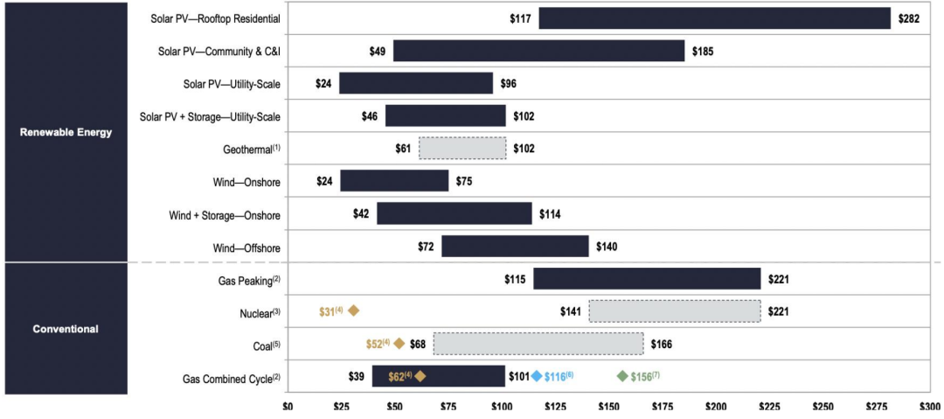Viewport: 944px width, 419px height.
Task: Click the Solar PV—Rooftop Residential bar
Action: coord(714,18)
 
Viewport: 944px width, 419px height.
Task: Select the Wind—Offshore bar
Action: coord(515,247)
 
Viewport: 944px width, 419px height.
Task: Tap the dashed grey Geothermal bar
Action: coord(462,149)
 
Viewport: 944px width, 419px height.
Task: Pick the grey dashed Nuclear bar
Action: coord(674,311)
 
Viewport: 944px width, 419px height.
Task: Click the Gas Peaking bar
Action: coord(647,279)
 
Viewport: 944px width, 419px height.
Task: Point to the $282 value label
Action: coord(909,18)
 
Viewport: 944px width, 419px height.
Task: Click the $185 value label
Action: coord(703,52)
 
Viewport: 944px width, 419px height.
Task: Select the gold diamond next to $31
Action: coord(354,311)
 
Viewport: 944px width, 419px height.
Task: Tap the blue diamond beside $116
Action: coord(537,376)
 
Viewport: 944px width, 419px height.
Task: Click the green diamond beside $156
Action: coord(622,376)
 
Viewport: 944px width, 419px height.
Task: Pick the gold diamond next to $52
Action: coord(399,344)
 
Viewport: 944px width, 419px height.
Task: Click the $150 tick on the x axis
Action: coord(609,407)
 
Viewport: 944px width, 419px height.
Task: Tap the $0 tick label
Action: coord(288,407)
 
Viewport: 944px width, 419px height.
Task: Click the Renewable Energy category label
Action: coord(66,132)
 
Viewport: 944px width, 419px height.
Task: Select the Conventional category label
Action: coord(66,329)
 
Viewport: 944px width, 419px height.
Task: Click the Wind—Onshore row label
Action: coord(238,182)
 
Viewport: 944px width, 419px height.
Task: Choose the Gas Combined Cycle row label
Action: coord(232,379)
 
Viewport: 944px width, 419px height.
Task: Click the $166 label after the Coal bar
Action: coord(662,344)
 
